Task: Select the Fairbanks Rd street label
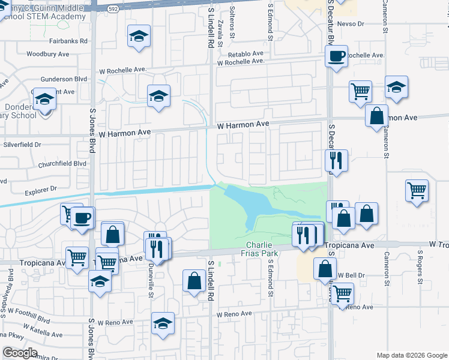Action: point(68,41)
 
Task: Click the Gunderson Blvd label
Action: point(64,79)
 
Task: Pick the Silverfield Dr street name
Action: point(22,145)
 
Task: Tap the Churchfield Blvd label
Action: point(62,163)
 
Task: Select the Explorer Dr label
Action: point(41,190)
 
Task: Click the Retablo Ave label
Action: point(246,53)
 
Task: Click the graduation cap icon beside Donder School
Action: point(44,99)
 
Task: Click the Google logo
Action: point(20,353)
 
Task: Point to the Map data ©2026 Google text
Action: point(412,355)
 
